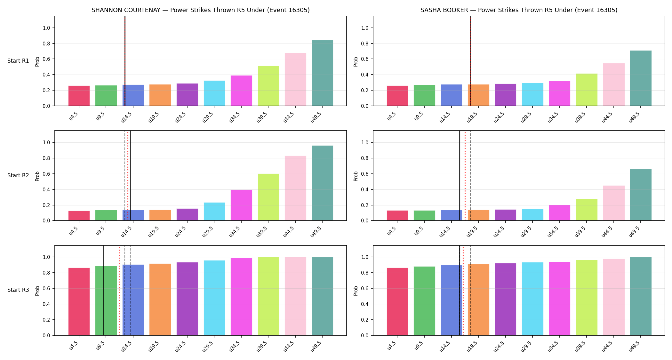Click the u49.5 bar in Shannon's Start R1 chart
pyautogui.click(x=323, y=73)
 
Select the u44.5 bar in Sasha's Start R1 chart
pyautogui.click(x=614, y=84)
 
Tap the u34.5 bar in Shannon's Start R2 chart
pyautogui.click(x=241, y=205)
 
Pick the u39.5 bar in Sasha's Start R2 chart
pyautogui.click(x=587, y=210)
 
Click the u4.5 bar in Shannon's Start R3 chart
pyautogui.click(x=79, y=301)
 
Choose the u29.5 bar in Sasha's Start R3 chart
pyautogui.click(x=532, y=299)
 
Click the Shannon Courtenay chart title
pyautogui.click(x=201, y=10)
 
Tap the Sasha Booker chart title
pyautogui.click(x=519, y=10)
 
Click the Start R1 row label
pyautogui.click(x=18, y=61)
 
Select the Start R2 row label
pyautogui.click(x=18, y=175)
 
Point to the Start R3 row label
pyautogui.click(x=18, y=290)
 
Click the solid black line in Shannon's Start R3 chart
pyautogui.click(x=103, y=291)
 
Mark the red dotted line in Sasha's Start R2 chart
pyautogui.click(x=465, y=176)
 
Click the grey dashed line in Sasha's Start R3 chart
pyautogui.click(x=470, y=291)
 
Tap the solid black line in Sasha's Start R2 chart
pyautogui.click(x=460, y=176)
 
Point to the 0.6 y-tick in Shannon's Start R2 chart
pyautogui.click(x=46, y=174)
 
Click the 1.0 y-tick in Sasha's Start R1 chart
pyautogui.click(x=365, y=28)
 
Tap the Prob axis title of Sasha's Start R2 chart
pyautogui.click(x=356, y=176)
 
